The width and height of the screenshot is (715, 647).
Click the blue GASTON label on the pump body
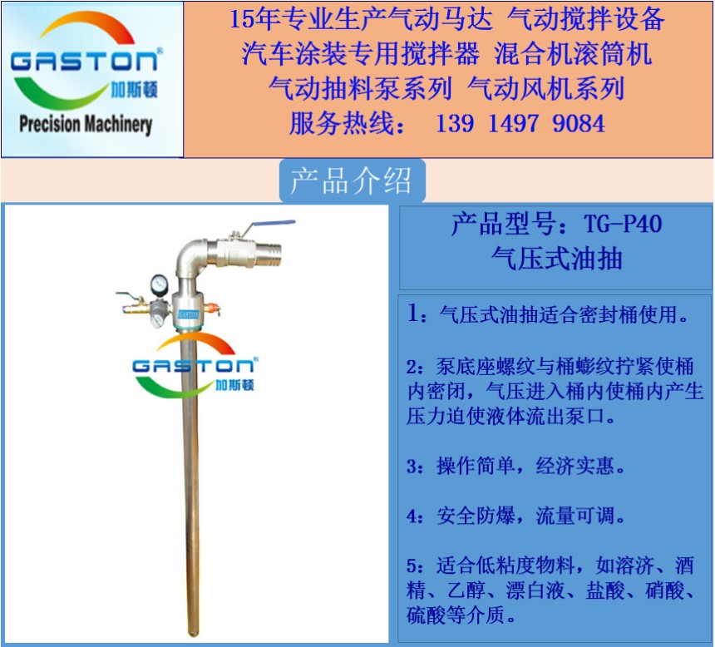tap(189, 314)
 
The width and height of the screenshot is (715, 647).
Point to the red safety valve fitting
tap(212, 309)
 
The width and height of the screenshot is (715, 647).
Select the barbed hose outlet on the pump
tap(268, 251)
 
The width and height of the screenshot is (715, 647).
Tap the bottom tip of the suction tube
tap(195, 634)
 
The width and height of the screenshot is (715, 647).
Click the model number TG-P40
tap(623, 224)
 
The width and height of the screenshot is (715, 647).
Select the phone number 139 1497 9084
tap(520, 124)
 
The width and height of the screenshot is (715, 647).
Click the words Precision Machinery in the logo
tap(86, 125)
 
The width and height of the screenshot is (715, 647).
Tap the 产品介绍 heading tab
tap(351, 180)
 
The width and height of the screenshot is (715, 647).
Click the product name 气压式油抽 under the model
tap(556, 259)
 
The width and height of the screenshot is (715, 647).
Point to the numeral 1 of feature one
tap(413, 314)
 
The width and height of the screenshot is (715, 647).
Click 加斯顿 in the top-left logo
tap(134, 90)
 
